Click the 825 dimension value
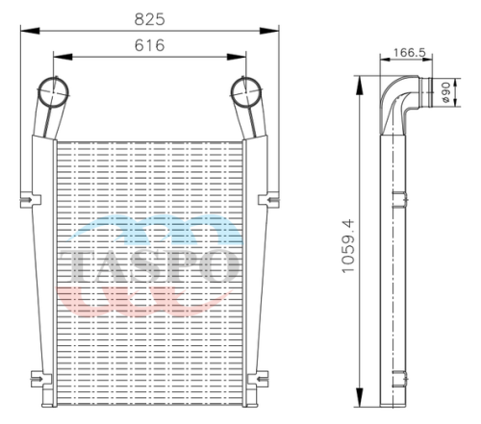coord(149,19)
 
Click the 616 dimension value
coord(149,45)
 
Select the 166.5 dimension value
coord(410,52)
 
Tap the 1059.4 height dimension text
coord(348,246)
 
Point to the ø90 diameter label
coord(446,92)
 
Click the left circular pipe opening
coord(53,92)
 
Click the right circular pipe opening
coord(246,92)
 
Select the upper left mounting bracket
coord(31,200)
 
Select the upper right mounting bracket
coord(268,200)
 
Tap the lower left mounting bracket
coord(41,379)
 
